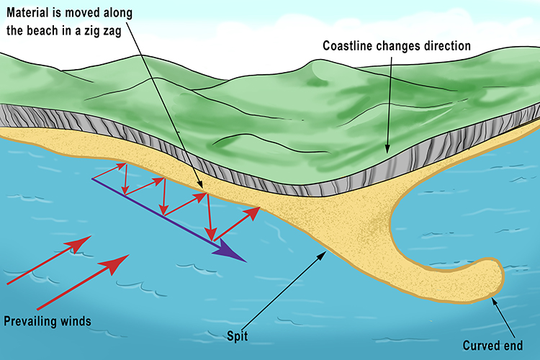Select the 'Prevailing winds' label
[48, 322]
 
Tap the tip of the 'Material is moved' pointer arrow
[204, 192]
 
